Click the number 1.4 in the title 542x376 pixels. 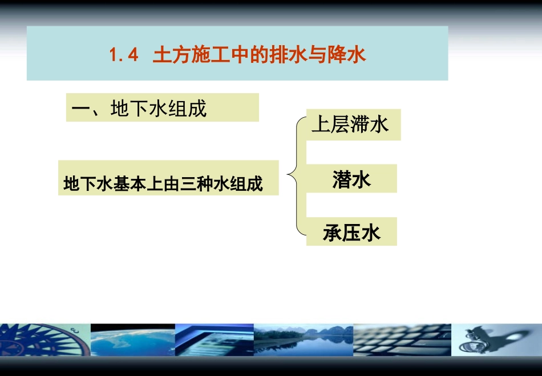pos(124,56)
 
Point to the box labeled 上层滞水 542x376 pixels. pos(353,125)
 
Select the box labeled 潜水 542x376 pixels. pos(351,179)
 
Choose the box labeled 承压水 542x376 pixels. pos(351,232)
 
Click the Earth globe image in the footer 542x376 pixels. pos(132,340)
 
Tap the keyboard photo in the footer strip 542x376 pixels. pos(402,340)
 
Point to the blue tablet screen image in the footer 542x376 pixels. pos(214,340)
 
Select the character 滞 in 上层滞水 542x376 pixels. pos(359,125)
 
